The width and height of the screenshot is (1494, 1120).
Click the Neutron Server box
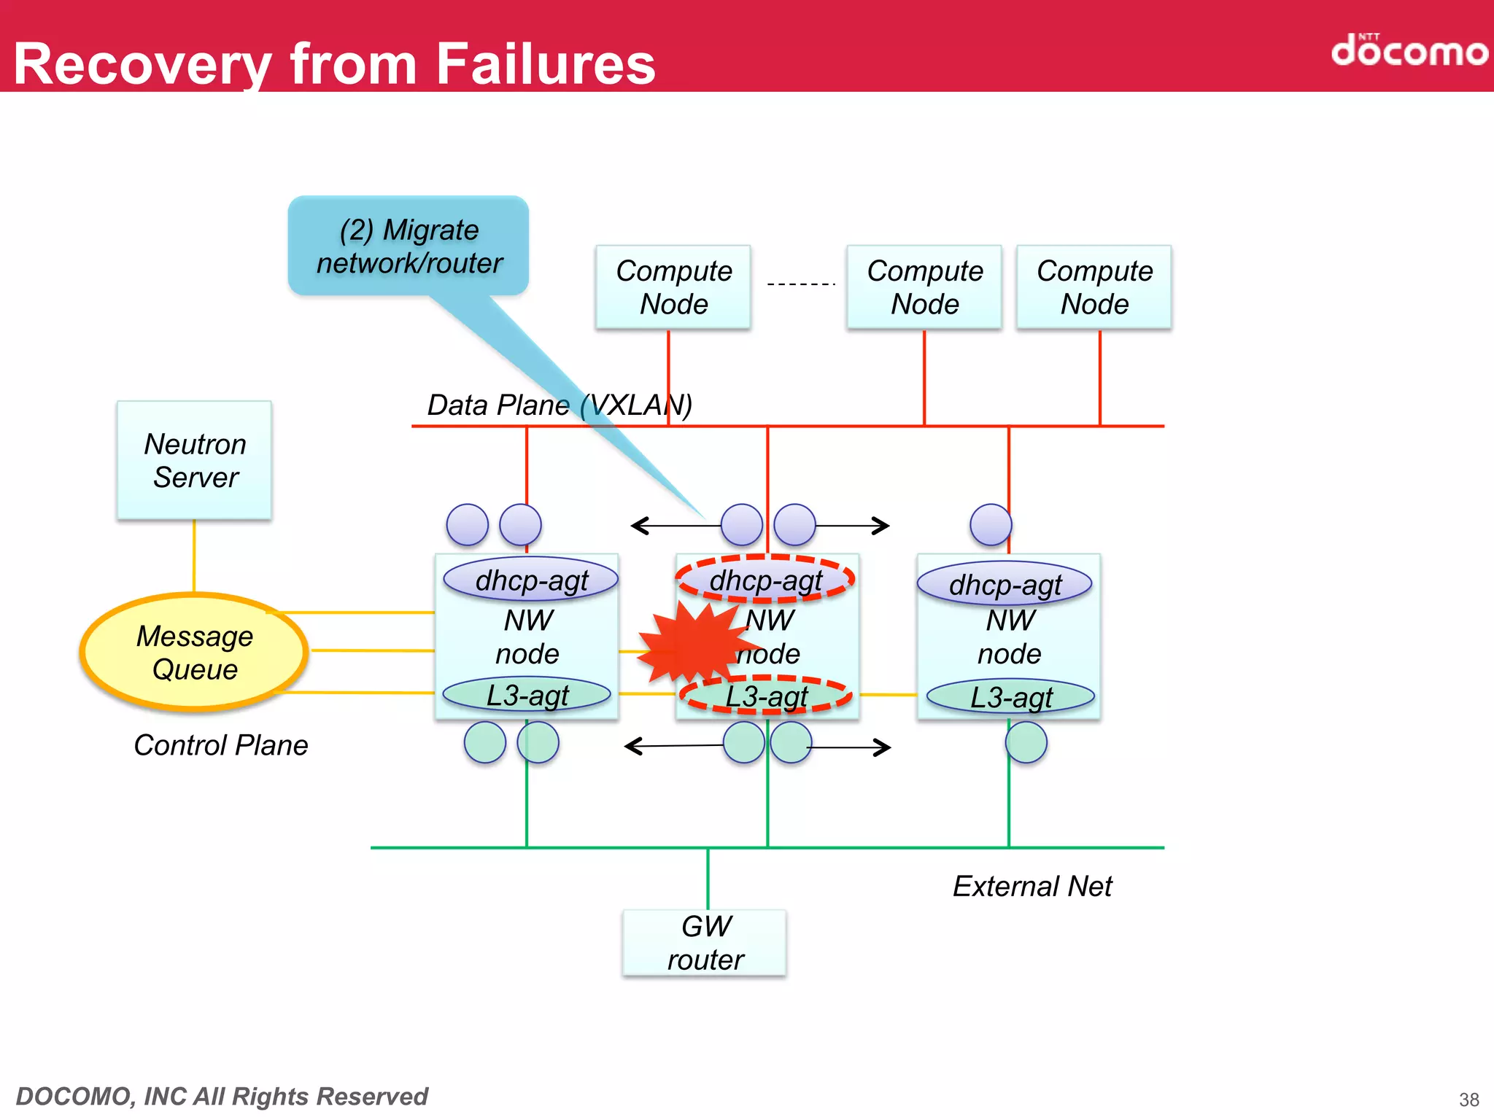point(194,460)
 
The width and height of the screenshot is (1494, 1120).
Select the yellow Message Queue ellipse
point(194,652)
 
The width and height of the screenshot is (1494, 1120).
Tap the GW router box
point(705,942)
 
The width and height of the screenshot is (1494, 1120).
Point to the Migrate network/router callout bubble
point(409,246)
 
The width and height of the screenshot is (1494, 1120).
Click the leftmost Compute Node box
point(673,287)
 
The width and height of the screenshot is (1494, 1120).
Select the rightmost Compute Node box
point(1094,287)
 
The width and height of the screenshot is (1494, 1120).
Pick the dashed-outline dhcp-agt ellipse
point(765,580)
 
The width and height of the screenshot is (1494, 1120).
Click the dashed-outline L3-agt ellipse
point(766,696)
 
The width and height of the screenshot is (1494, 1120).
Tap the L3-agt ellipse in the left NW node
point(527,694)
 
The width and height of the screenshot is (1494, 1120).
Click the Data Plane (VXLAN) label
point(560,405)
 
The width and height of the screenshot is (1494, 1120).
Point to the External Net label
point(1032,886)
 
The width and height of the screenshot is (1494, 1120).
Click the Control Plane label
point(221,745)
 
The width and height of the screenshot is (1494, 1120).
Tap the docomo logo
point(1409,50)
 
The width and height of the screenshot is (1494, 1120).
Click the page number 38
point(1468,1099)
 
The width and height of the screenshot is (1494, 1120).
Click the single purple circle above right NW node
point(991,524)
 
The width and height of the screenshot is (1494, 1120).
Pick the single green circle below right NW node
point(1026,742)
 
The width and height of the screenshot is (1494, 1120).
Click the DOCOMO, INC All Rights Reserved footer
point(222,1096)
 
